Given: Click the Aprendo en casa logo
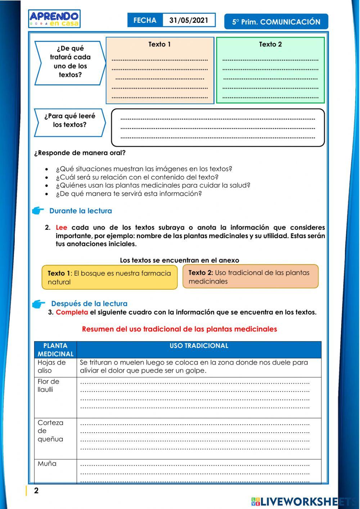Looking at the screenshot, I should (x=54, y=19).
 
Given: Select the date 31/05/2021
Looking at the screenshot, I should (x=189, y=20).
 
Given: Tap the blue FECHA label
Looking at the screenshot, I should (x=145, y=20).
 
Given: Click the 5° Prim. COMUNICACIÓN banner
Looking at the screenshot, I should (x=276, y=22).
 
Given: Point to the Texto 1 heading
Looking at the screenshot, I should (x=159, y=44).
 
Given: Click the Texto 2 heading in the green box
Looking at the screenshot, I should (x=270, y=44).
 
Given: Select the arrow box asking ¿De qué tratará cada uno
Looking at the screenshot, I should (x=70, y=62).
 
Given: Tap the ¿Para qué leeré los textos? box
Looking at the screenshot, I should (x=69, y=121).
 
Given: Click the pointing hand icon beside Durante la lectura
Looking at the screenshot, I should (x=38, y=211).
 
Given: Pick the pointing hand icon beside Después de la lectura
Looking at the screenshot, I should (x=39, y=304).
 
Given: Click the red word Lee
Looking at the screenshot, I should (x=61, y=227).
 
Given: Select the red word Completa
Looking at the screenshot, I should (x=72, y=312).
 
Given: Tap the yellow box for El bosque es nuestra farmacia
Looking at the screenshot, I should (x=109, y=277).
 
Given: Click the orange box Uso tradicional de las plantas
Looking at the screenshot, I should (x=250, y=277).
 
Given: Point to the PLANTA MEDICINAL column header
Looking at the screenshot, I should (x=55, y=350).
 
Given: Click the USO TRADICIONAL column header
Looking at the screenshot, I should (x=199, y=346).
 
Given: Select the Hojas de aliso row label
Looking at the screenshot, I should (x=51, y=366).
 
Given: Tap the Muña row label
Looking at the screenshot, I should (x=47, y=464).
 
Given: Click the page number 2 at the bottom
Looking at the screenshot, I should (x=36, y=491).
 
